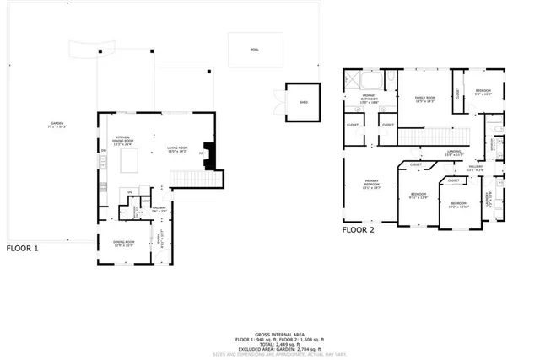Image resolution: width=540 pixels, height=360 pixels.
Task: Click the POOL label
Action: pyautogui.click(x=254, y=50)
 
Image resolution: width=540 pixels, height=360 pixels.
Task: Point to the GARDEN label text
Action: pyautogui.click(x=57, y=126)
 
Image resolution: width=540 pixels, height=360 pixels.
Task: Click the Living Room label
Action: pyautogui.click(x=176, y=149)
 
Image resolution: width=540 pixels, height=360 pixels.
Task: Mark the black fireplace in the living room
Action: pyautogui.click(x=212, y=154)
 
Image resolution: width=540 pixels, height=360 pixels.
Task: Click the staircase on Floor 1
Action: pyautogui.click(x=195, y=178)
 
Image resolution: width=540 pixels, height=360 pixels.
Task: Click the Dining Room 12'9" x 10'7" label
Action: pyautogui.click(x=125, y=244)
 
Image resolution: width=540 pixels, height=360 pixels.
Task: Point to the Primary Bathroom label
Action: pyautogui.click(x=370, y=98)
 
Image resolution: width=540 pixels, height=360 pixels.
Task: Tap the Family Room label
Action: pyautogui.click(x=424, y=99)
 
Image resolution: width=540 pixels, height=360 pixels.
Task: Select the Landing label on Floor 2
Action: pyautogui.click(x=454, y=153)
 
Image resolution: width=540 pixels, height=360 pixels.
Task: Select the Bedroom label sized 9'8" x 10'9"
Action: pyautogui.click(x=483, y=92)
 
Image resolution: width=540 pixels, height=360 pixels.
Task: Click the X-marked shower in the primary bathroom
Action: pyautogui.click(x=369, y=80)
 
